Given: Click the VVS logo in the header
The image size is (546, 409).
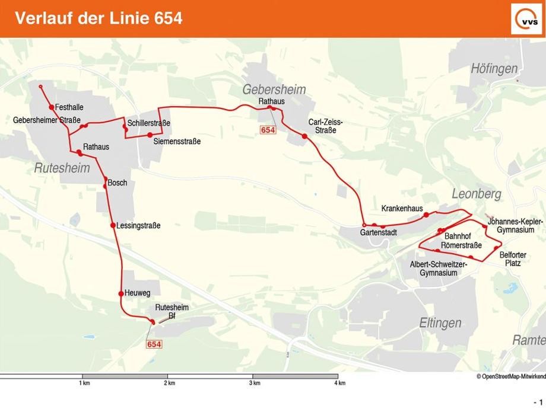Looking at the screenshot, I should click(x=526, y=18).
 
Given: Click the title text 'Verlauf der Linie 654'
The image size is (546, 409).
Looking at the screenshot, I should click(x=99, y=18).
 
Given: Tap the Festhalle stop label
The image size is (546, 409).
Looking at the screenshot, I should click(x=69, y=107).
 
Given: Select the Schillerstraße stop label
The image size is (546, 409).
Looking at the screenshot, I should click(x=148, y=123).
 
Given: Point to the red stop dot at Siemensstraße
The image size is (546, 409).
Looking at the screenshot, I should click(x=150, y=135).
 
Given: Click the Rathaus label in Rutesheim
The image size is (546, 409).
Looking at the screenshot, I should click(x=96, y=146).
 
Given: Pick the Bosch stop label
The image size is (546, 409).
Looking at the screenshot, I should click(x=118, y=183).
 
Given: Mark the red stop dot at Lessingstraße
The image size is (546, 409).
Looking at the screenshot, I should click(x=113, y=225).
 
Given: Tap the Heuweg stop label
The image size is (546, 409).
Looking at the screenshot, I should click(x=138, y=293).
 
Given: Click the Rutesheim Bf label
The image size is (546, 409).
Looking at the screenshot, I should click(x=172, y=311).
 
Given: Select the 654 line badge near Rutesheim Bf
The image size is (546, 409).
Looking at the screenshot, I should click(x=154, y=344).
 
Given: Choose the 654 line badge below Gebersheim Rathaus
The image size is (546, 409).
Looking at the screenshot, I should click(x=268, y=130).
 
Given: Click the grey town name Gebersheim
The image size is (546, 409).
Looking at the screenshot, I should click(x=274, y=90).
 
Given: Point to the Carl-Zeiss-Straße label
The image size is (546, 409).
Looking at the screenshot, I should click(x=325, y=126).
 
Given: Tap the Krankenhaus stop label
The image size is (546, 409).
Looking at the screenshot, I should click(x=402, y=209).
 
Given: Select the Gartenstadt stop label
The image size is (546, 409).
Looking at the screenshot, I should click(x=378, y=233).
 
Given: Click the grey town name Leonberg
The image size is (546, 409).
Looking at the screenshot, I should click(x=476, y=194).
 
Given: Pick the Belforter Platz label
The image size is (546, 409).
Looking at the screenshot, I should click(x=513, y=258).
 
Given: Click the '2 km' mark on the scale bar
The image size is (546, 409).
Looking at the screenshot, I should click(x=170, y=383).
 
